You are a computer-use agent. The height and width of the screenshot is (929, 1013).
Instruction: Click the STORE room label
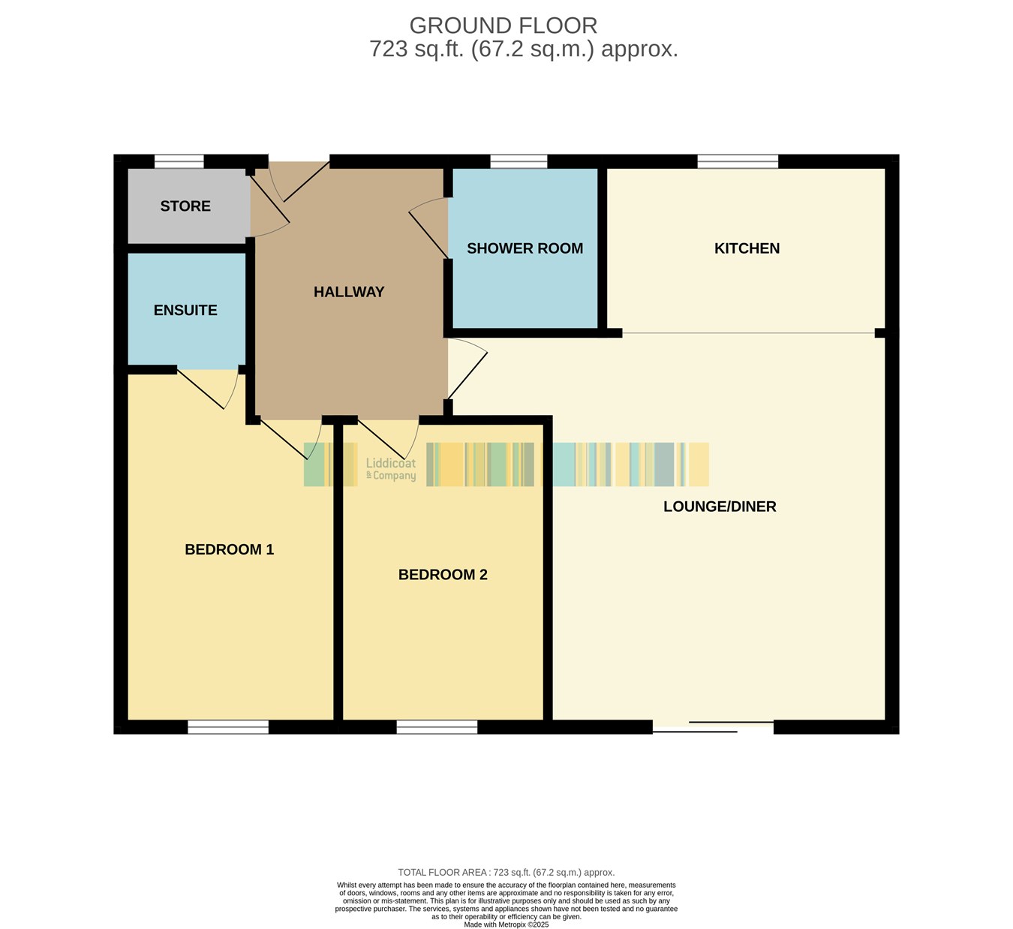click(185, 206)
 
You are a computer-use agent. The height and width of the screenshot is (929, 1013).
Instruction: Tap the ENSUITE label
click(185, 310)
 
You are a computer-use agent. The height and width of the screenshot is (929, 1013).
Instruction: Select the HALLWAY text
click(349, 292)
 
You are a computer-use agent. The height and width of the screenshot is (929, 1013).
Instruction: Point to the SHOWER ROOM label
click(525, 248)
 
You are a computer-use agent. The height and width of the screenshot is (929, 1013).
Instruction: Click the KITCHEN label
click(747, 248)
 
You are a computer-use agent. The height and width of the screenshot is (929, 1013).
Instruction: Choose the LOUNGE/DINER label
click(720, 507)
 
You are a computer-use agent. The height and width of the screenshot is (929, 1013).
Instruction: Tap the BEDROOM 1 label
click(230, 549)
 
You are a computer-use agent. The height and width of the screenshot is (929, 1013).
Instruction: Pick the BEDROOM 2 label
click(443, 575)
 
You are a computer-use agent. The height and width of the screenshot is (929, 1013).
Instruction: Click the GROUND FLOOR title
click(503, 26)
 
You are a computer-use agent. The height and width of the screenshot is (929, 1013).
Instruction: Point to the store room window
click(179, 161)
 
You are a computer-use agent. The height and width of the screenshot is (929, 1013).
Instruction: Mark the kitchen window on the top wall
click(738, 161)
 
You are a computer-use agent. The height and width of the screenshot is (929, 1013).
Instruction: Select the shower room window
click(519, 161)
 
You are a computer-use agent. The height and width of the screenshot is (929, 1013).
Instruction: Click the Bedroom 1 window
click(228, 727)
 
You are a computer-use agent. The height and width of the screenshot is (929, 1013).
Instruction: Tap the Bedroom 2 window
click(437, 727)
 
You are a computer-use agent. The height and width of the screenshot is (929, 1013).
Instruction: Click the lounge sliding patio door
click(713, 727)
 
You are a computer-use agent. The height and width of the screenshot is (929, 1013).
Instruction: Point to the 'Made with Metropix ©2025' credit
click(506, 924)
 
